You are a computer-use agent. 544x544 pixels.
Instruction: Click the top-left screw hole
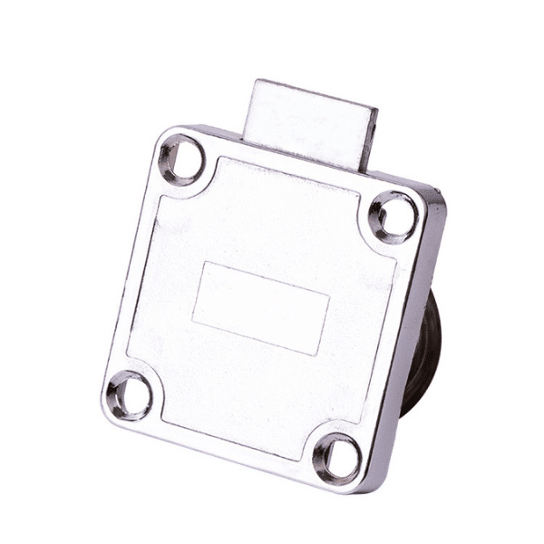[x=181, y=160]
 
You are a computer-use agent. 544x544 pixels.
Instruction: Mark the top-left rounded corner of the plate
[x=163, y=136]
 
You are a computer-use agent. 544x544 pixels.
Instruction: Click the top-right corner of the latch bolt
[x=376, y=111]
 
